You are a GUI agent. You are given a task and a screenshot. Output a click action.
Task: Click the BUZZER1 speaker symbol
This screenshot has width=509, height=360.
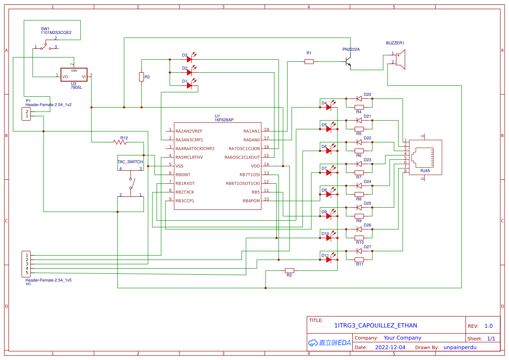pyautogui.click(x=401, y=59)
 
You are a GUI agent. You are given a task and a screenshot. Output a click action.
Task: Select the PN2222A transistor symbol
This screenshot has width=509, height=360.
pyautogui.click(x=348, y=61)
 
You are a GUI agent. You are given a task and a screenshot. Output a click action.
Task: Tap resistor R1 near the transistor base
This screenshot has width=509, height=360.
pyautogui.click(x=309, y=62)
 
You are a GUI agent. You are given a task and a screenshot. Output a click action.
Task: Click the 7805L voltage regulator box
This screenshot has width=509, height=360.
pyautogui.click(x=74, y=74)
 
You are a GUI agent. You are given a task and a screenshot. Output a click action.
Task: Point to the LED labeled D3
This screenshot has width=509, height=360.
pyautogui.click(x=189, y=59)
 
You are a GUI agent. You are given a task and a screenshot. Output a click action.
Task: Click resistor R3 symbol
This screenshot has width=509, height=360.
pyautogui.click(x=142, y=77)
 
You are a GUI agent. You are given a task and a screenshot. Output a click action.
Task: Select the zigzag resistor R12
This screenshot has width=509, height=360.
pyautogui.click(x=120, y=142)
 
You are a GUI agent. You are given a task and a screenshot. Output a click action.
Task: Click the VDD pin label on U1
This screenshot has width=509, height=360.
pyautogui.click(x=255, y=166)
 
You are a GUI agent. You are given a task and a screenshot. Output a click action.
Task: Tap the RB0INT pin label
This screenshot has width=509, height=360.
pyautogui.click(x=183, y=175)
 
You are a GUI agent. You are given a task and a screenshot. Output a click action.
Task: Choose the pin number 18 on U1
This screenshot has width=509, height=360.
pyautogui.click(x=266, y=130)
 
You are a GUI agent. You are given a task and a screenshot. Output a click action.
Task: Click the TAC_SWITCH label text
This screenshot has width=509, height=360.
pyautogui.click(x=130, y=161)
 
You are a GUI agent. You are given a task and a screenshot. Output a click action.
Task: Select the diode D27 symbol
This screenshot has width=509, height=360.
pyautogui.click(x=359, y=251)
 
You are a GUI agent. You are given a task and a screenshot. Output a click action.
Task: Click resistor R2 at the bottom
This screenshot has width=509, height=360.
pyautogui.click(x=290, y=270)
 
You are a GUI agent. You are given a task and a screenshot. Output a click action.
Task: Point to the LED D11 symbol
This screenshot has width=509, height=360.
pyautogui.click(x=329, y=259)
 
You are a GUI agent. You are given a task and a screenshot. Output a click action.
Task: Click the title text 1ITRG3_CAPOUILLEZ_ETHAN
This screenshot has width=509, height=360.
pyautogui.click(x=375, y=325)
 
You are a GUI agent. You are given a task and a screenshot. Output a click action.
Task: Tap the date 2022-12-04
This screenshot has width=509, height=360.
pyautogui.click(x=390, y=347)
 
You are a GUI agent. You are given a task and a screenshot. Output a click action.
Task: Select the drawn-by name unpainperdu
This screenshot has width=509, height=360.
pyautogui.click(x=460, y=347)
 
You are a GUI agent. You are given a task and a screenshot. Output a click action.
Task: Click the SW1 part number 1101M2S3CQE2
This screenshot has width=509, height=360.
pyautogui.click(x=56, y=33)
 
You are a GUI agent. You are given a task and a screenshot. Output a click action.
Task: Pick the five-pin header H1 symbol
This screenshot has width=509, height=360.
pyautogui.click(x=27, y=264)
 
